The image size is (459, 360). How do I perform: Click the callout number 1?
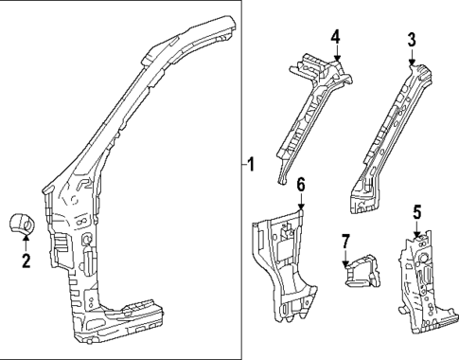(251, 164)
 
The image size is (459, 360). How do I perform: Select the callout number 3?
(412, 39)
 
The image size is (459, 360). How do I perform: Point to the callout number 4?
(335, 37)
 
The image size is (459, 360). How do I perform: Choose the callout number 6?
(300, 184)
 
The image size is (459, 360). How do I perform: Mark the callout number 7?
(345, 241)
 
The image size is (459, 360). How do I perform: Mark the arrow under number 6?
(300, 202)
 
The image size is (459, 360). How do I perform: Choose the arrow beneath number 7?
(345, 257)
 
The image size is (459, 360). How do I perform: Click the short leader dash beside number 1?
(241, 164)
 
